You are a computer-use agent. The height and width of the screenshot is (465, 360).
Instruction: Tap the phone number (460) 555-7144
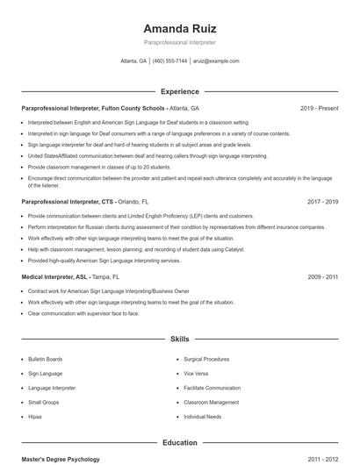169,61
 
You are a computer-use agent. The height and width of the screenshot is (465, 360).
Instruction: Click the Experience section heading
179,91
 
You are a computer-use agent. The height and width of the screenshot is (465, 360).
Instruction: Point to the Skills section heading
179,338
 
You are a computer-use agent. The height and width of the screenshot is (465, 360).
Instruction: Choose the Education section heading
179,443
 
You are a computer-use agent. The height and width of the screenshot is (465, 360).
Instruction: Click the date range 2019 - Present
319,108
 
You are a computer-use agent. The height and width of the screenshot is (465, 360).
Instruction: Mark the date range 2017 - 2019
323,201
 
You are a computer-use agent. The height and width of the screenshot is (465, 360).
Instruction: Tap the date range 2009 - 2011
323,276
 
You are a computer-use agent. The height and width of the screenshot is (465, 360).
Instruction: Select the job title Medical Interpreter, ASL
54,276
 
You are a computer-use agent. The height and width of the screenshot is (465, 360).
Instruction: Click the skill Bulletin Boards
45,359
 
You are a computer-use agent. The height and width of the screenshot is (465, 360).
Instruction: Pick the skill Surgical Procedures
206,359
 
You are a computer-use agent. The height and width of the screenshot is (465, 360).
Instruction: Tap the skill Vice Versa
196,373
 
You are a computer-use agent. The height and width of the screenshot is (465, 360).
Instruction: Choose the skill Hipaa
35,416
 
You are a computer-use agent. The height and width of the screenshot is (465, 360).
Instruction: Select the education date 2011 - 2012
323,459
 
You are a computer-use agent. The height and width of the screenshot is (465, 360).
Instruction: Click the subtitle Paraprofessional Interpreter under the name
179,42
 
